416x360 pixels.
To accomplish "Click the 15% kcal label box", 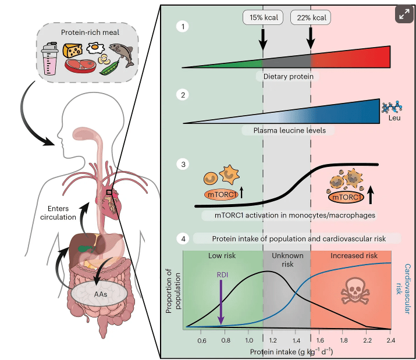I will [262, 17].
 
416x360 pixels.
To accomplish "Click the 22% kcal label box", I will [310, 17].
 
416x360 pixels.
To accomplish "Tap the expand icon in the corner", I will [403, 15].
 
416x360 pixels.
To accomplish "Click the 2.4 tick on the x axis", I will [390, 340].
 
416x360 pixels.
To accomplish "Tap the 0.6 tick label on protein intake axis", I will [202, 340].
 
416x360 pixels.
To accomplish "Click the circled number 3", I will [184, 164].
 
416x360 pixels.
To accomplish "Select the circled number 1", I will [184, 26].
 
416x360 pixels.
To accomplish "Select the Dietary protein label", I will [288, 76].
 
